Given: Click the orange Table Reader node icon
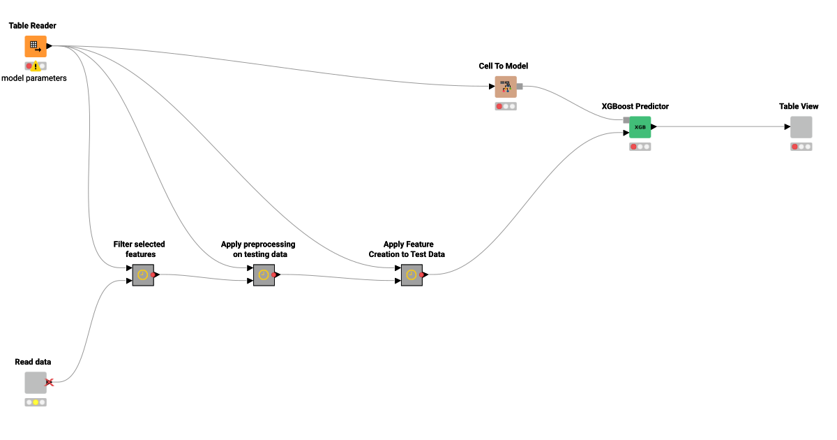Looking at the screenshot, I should pos(36,46).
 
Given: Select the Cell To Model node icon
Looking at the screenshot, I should pos(506,87).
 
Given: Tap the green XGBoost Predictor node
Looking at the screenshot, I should pos(640,127).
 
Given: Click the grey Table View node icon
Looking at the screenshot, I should pos(801,127).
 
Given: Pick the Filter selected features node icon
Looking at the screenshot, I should pos(143,275).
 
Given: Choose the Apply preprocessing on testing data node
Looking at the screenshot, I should pos(264,275).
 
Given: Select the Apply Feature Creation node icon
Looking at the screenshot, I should pos(412,275).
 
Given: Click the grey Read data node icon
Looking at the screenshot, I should pos(36,383).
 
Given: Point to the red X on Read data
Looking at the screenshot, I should pos(50,382).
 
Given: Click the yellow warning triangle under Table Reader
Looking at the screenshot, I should pos(36,66).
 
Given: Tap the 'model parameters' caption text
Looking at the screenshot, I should pos(34,78).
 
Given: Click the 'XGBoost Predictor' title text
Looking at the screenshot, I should pos(635,106).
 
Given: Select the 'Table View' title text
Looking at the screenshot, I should pos(799,106).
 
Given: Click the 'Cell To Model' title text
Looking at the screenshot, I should pos(503,66).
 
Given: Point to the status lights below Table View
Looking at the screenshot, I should pos(801,147).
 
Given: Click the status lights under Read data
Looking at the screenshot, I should pos(36,402).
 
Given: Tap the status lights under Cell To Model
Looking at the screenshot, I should pos(506,106).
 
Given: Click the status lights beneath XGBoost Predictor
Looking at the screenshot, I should pos(640,147).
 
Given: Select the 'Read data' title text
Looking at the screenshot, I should pos(33,362).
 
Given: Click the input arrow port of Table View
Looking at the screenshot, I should pos(787,127).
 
